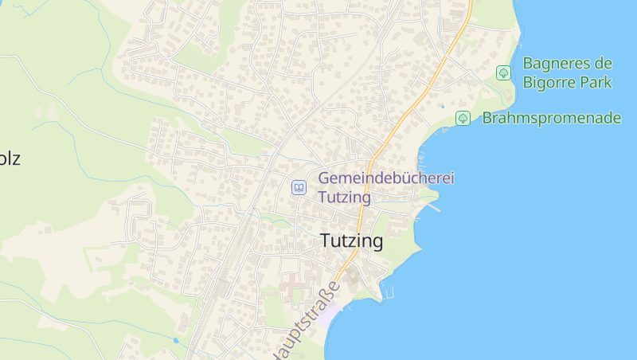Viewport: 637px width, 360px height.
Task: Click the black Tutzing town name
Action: (x=351, y=241)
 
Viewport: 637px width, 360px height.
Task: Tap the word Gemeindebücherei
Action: (x=385, y=178)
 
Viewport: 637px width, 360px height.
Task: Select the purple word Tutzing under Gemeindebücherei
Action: (x=344, y=197)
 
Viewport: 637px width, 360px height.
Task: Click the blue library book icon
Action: (x=299, y=188)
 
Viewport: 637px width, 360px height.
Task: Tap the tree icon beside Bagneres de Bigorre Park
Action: (x=503, y=72)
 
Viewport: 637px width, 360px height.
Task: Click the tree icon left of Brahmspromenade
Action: (x=463, y=119)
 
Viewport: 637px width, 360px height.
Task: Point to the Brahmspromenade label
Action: (x=551, y=118)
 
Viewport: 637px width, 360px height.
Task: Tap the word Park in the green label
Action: (x=596, y=82)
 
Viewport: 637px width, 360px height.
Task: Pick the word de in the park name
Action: (x=603, y=64)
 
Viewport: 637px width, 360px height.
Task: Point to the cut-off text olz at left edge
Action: (x=10, y=158)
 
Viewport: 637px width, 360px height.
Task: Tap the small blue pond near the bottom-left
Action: (x=175, y=340)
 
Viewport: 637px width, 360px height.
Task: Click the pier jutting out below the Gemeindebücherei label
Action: (x=433, y=208)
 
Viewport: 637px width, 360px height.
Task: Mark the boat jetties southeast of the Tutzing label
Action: (x=388, y=290)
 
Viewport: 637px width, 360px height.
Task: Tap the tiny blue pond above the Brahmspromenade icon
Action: (x=441, y=106)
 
